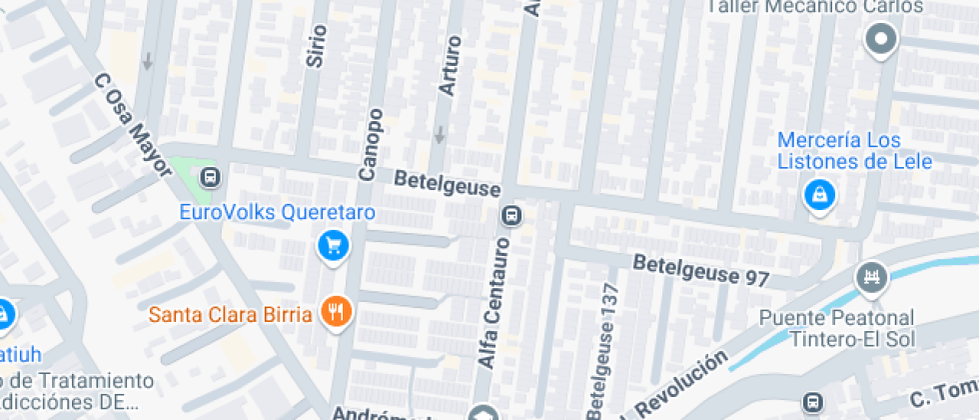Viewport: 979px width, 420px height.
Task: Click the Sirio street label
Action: [317, 45]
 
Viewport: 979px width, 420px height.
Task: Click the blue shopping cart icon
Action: [333, 244]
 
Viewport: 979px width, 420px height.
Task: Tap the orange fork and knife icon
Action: [336, 313]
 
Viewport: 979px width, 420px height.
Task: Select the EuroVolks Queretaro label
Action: [276, 212]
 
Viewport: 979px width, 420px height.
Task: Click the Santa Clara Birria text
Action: [233, 313]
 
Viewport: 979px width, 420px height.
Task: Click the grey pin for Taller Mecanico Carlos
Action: [881, 41]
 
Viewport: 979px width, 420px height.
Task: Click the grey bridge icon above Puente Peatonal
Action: [872, 276]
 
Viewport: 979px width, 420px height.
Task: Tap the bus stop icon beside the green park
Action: [210, 178]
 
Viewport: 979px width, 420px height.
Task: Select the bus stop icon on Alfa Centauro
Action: [511, 215]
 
